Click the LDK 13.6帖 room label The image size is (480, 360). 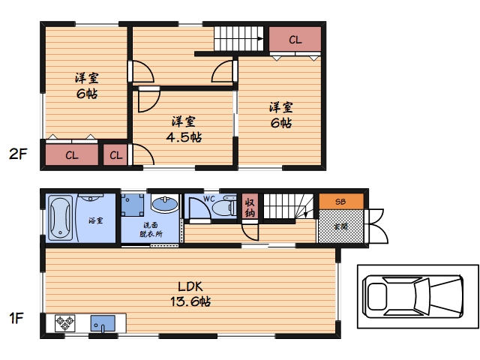tap(190, 294)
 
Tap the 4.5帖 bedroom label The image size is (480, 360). tap(184, 129)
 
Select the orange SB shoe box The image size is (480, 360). tap(341, 202)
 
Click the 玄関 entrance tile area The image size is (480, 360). tap(341, 226)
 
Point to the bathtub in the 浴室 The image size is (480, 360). tap(61, 218)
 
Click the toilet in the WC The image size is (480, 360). tap(224, 207)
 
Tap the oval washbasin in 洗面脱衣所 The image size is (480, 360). tap(165, 204)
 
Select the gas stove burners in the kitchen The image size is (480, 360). tap(65, 323)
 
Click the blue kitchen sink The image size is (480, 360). tap(103, 324)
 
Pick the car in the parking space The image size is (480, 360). tap(412, 296)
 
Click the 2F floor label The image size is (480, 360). tap(18, 154)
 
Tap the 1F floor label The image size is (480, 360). tap(16, 318)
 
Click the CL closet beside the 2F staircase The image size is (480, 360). tap(295, 39)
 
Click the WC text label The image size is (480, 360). tap(209, 199)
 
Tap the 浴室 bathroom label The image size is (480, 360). tap(96, 220)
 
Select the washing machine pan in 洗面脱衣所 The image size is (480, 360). tap(133, 205)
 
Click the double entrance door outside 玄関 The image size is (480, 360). tap(377, 226)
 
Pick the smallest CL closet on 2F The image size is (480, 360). tap(115, 155)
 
